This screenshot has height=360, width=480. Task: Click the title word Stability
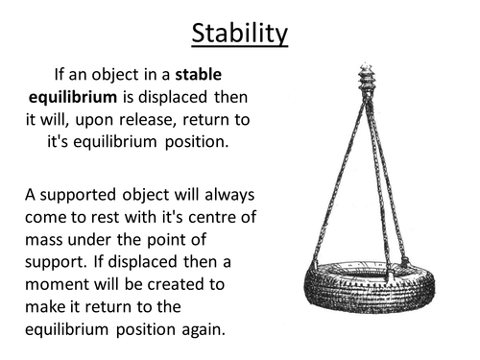pyautogui.click(x=240, y=33)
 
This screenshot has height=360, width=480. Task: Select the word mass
pyautogui.click(x=46, y=243)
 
